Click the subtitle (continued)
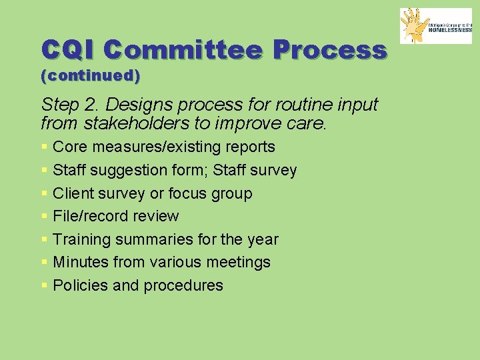91,76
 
